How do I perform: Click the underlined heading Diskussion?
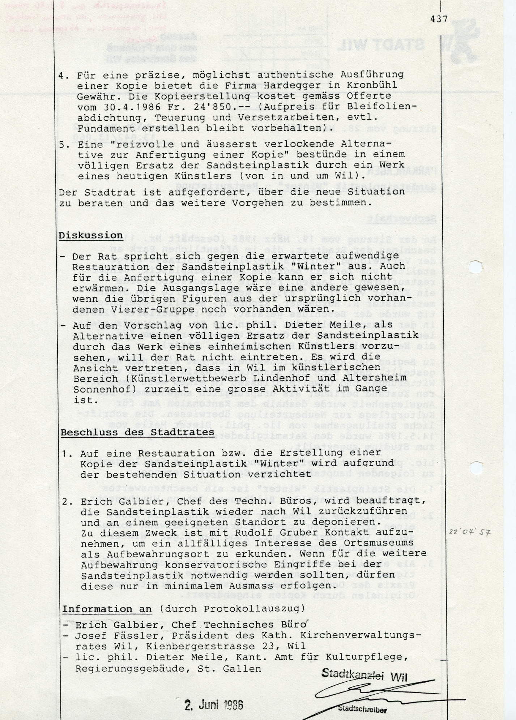tap(91, 235)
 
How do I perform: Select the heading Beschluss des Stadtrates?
tap(137, 432)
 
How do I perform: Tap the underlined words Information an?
tap(107, 609)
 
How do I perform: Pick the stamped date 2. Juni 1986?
tap(213, 704)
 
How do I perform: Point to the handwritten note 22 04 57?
tap(469, 532)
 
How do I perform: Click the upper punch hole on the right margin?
tap(476, 267)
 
